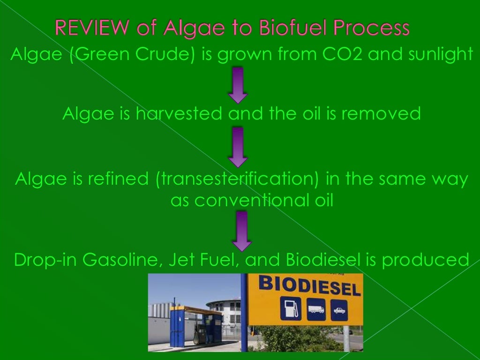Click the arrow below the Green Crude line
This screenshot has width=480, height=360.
pyautogui.click(x=238, y=85)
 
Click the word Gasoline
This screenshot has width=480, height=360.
pyautogui.click(x=123, y=259)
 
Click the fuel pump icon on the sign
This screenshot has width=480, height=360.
pyautogui.click(x=288, y=310)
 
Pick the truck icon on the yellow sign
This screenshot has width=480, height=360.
pyautogui.click(x=315, y=310)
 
